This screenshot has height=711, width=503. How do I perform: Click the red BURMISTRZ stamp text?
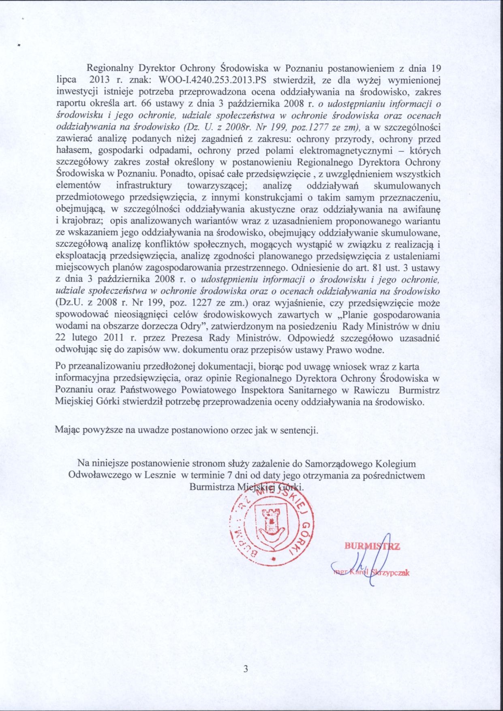pyautogui.click(x=372, y=547)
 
